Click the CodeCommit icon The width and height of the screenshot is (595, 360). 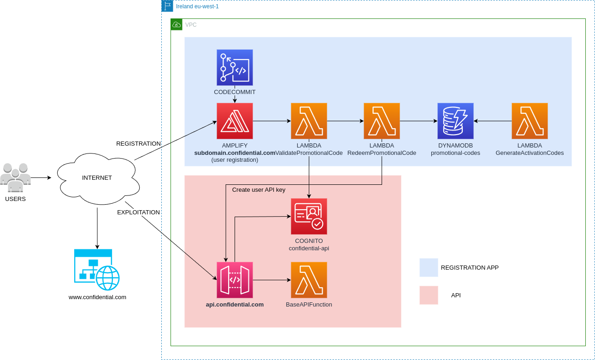point(235,67)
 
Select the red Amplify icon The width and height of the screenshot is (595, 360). point(235,121)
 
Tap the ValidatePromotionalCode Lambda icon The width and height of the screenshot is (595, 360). point(309,121)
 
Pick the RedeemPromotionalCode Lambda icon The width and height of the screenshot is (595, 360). point(382,121)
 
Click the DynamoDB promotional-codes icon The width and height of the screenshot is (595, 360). point(455,121)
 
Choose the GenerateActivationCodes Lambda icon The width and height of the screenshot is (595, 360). point(530,121)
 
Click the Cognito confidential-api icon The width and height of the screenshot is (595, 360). point(309,216)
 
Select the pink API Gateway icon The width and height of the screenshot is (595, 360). point(235,280)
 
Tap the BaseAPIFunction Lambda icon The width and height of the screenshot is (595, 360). point(309,280)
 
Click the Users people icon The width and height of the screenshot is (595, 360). point(15,177)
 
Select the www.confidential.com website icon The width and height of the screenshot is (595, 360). point(97,269)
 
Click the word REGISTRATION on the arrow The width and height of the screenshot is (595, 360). point(138,144)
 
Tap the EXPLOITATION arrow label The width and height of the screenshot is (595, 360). point(138,212)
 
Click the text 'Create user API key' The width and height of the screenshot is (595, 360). point(259,189)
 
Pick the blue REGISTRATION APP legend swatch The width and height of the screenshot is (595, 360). point(429,267)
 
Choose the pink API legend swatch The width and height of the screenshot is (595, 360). point(429,295)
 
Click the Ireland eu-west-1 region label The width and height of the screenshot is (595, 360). point(197,6)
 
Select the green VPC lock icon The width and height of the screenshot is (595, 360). point(176,24)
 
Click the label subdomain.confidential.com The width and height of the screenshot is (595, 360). point(235,153)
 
